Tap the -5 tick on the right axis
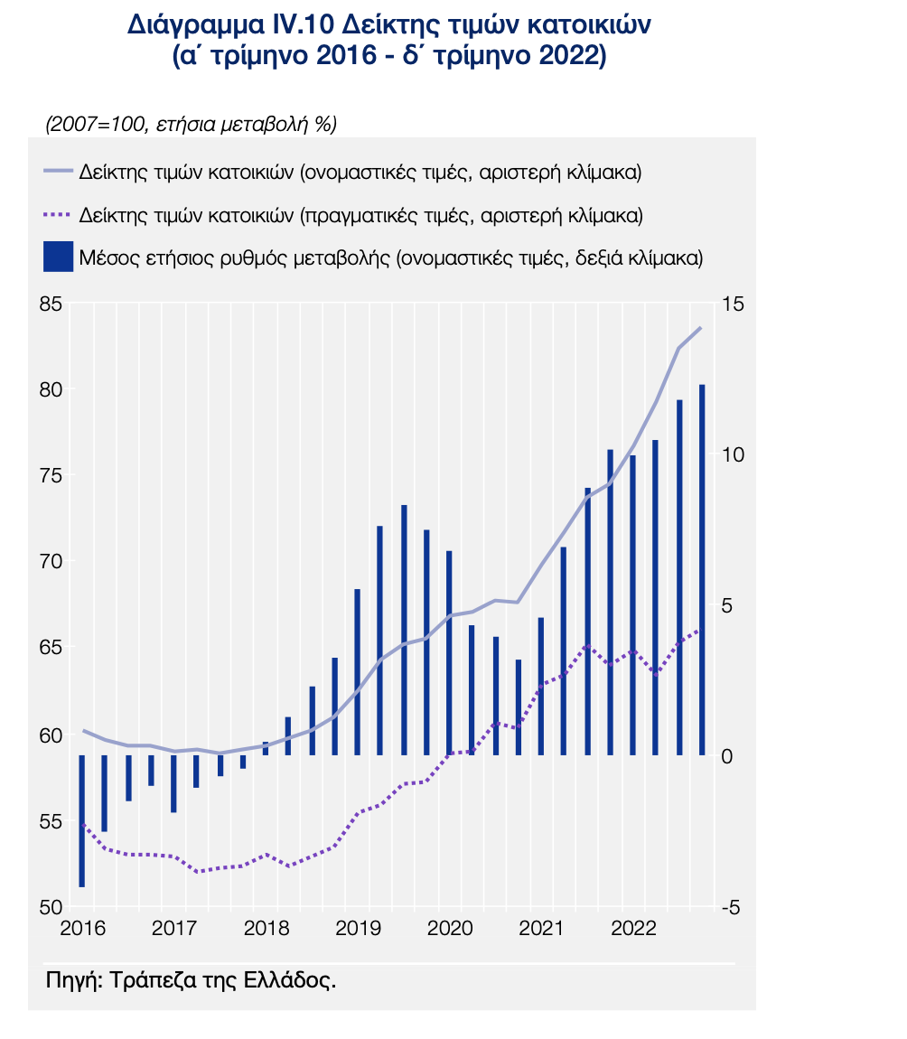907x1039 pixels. click(x=731, y=907)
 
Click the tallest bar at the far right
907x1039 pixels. click(x=702, y=569)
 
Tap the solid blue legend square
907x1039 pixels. click(x=57, y=257)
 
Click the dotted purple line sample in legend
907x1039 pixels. click(x=57, y=215)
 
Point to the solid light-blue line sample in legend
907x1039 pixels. click(x=57, y=171)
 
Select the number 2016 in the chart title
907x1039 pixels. click(x=350, y=56)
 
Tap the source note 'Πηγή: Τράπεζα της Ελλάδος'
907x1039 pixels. click(x=191, y=980)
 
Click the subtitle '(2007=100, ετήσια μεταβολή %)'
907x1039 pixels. click(x=191, y=126)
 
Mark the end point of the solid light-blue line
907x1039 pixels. click(x=701, y=328)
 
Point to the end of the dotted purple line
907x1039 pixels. click(x=701, y=629)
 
